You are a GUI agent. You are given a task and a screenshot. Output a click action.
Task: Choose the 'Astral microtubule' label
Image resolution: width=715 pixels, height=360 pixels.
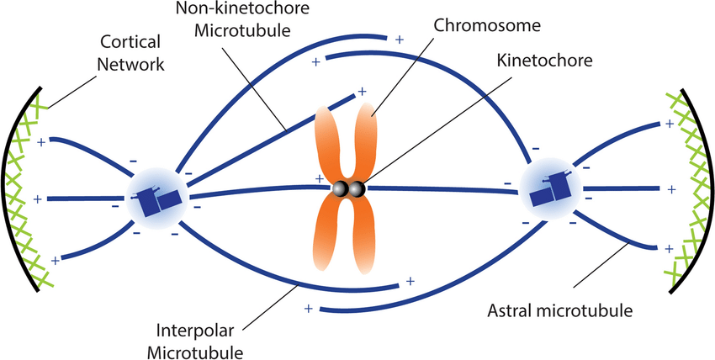558,312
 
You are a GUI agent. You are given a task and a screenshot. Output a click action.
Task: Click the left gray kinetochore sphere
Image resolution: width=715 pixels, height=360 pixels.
341,189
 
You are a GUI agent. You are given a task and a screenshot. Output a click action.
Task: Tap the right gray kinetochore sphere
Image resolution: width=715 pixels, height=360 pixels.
357,189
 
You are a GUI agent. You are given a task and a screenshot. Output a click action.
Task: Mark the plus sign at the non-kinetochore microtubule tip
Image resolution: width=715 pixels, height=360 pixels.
362,91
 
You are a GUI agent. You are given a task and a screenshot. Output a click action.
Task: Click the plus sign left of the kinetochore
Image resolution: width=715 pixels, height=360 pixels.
319,179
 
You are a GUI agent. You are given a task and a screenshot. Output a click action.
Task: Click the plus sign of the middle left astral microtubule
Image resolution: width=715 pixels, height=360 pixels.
37,199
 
